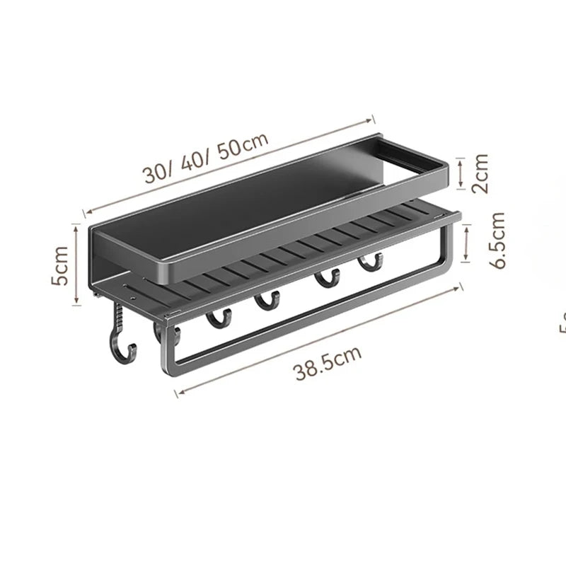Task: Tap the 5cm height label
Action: tap(62, 265)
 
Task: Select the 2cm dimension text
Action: tap(481, 173)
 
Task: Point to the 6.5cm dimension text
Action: tap(498, 240)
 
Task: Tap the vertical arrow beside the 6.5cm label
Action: tap(467, 243)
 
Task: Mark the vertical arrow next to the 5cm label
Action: tap(77, 264)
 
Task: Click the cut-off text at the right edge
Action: tap(562, 322)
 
